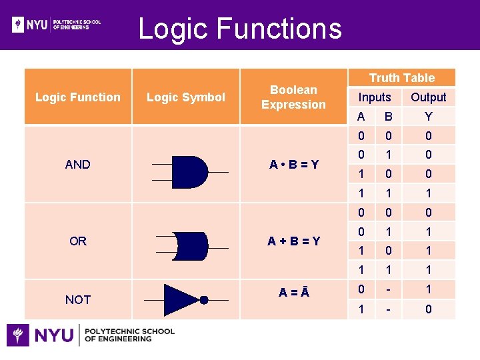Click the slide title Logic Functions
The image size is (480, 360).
(239, 29)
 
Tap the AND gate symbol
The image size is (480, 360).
(190, 172)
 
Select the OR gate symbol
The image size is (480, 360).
(190, 246)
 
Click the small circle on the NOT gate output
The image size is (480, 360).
(204, 300)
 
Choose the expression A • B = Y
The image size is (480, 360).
(293, 164)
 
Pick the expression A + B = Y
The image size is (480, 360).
(293, 241)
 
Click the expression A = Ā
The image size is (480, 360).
(293, 291)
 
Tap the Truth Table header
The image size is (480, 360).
(401, 78)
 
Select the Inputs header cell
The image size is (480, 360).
(375, 97)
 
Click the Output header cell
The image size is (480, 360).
(428, 97)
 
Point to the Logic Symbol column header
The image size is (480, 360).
(186, 97)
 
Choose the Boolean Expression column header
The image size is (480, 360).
(293, 97)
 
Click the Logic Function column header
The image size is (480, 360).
(78, 97)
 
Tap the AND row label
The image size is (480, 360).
(78, 164)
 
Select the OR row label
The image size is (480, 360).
(78, 241)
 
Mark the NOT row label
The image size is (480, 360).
(78, 300)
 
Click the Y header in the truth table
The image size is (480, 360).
(428, 117)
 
